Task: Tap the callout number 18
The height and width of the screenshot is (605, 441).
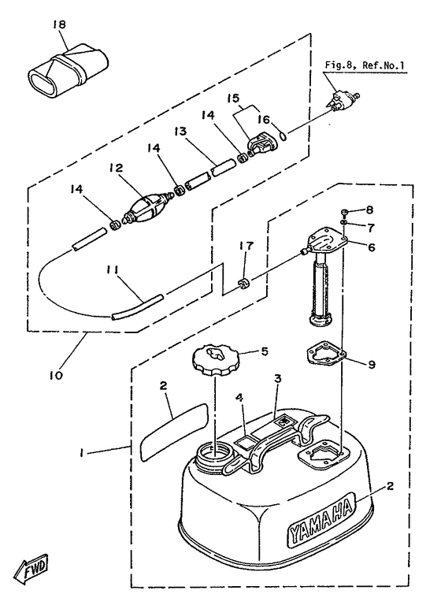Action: point(59,24)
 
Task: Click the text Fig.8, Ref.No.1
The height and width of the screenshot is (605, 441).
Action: point(365,65)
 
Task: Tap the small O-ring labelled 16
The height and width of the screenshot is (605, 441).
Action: point(283,136)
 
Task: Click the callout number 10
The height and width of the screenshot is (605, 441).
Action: point(56,375)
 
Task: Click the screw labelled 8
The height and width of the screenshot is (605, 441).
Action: point(345,212)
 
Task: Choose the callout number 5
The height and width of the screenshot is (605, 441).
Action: point(265,351)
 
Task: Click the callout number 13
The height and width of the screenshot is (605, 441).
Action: point(180,132)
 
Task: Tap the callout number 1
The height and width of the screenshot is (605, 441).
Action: point(81,454)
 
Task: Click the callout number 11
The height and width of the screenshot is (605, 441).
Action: point(113,269)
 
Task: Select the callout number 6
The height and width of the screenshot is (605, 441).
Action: point(371,247)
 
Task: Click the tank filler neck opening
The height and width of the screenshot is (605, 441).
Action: point(213,451)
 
